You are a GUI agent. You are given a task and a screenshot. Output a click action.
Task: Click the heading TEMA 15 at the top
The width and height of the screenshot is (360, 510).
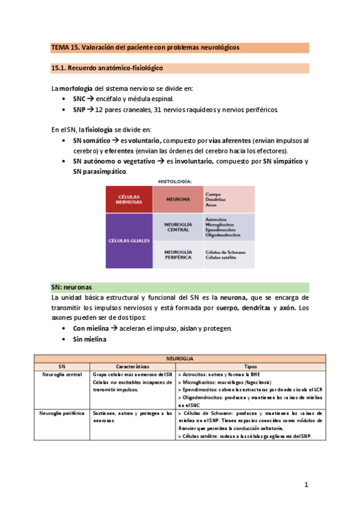[x=144, y=47]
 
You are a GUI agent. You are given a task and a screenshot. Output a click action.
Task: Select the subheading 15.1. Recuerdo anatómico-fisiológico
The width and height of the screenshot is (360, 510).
[x=107, y=69]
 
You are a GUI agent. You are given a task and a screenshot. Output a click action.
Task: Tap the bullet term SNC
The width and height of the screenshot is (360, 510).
[x=79, y=99]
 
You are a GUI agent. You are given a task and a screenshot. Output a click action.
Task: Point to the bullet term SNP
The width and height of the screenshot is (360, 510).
[x=79, y=109]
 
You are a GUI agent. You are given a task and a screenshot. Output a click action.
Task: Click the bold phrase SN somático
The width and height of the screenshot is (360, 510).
[x=92, y=140]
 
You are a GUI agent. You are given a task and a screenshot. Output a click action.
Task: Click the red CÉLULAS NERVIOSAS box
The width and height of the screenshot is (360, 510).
[x=129, y=198]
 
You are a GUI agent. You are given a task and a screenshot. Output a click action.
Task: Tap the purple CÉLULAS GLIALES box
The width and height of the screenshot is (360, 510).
[x=129, y=240]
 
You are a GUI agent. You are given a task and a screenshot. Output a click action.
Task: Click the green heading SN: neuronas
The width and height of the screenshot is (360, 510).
[x=75, y=287]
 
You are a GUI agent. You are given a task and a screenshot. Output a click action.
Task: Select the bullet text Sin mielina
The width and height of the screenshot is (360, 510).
[x=89, y=340]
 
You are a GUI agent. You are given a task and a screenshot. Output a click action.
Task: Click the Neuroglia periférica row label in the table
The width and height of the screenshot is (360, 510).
[x=62, y=414]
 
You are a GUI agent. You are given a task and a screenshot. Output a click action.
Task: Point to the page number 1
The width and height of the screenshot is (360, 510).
[x=306, y=485]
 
